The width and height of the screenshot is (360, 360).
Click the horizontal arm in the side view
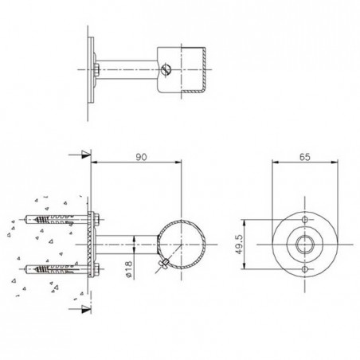point(127,241)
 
